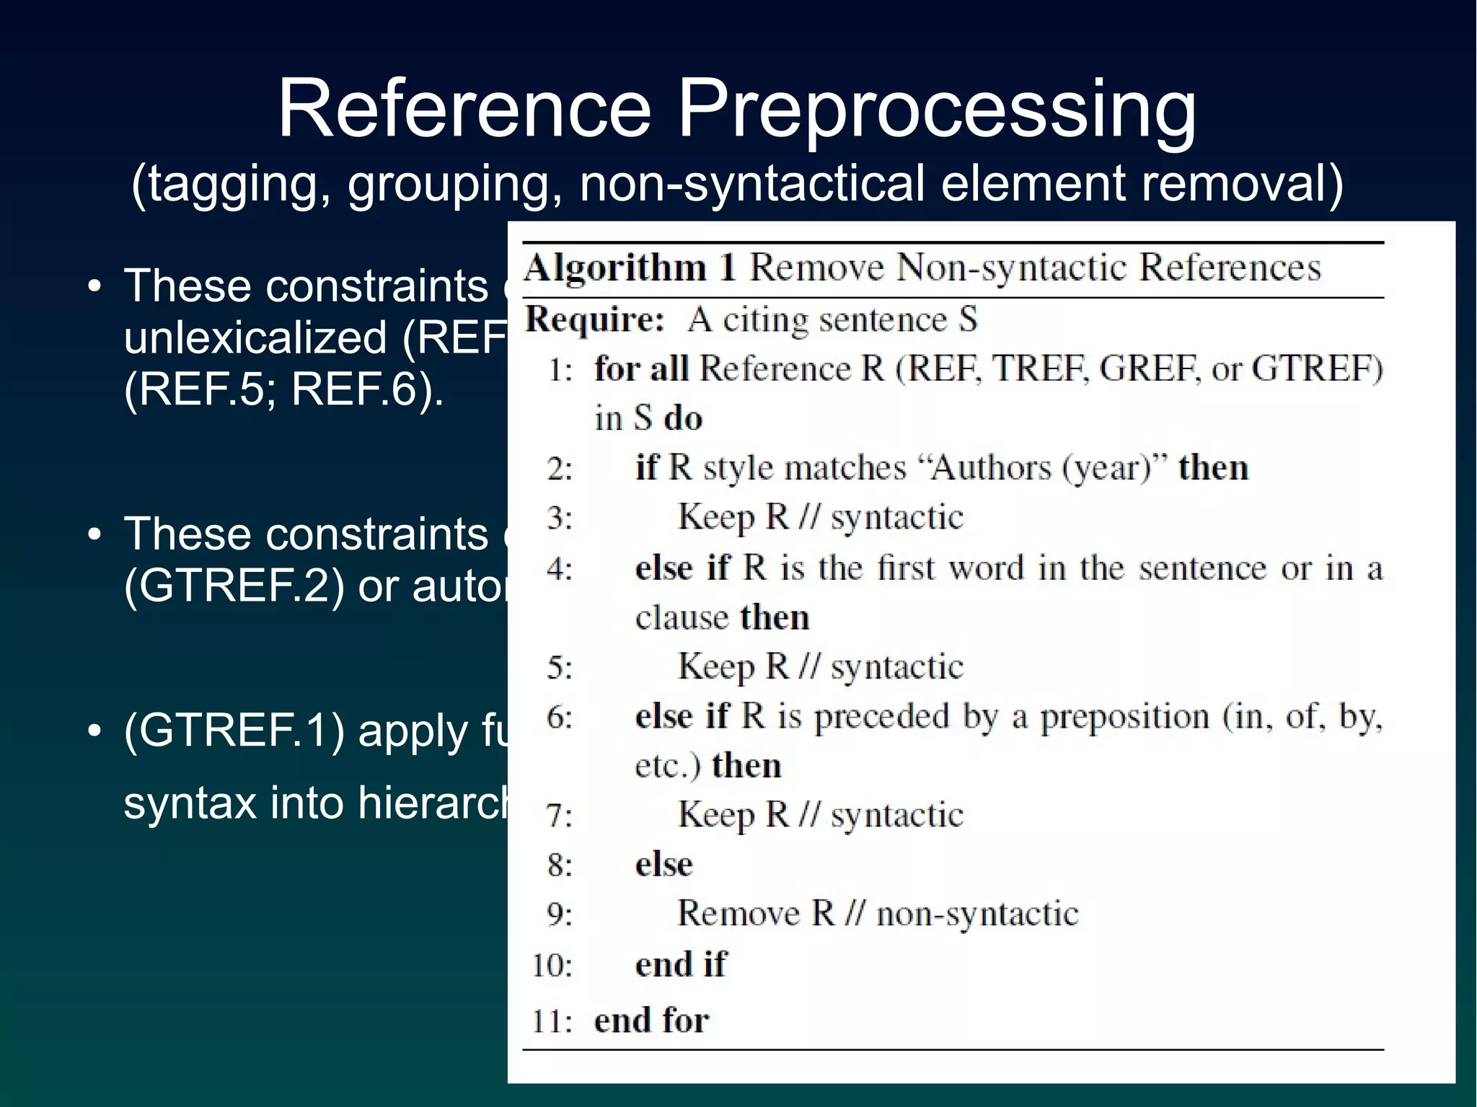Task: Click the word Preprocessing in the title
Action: pyautogui.click(x=937, y=110)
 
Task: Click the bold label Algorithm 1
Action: pyautogui.click(x=630, y=268)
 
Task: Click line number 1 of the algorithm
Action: pyautogui.click(x=560, y=369)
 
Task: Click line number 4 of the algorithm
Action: pyautogui.click(x=559, y=569)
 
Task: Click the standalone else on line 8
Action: pyautogui.click(x=663, y=864)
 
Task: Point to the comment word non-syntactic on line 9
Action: pyautogui.click(x=977, y=914)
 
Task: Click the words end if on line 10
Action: pyautogui.click(x=681, y=964)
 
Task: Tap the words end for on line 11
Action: pyautogui.click(x=651, y=1020)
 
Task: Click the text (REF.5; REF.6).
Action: pyautogui.click(x=283, y=389)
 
